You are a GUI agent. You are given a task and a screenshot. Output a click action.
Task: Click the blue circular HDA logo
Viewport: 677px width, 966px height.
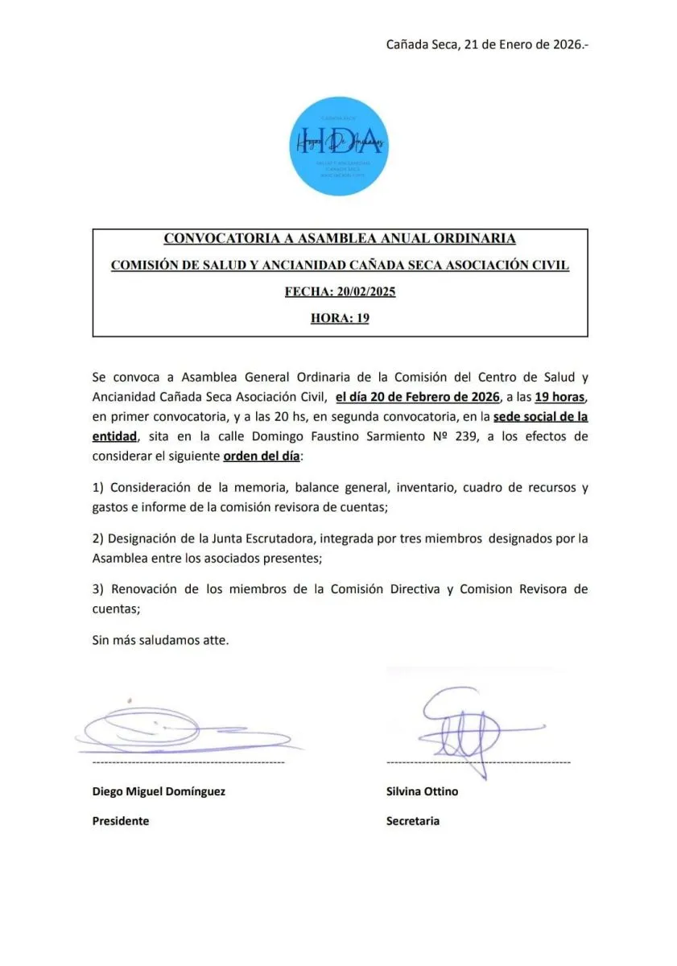[x=338, y=147]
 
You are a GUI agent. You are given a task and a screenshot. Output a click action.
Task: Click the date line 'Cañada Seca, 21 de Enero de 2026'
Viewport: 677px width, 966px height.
[x=487, y=44]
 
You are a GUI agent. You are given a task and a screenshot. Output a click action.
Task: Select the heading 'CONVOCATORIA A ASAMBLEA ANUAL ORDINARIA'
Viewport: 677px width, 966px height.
[x=340, y=238]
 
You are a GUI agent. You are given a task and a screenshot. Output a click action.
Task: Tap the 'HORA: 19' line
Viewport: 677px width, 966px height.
[x=340, y=318]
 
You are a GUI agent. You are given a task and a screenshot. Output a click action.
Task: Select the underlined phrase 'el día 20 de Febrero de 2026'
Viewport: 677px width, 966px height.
[x=418, y=396]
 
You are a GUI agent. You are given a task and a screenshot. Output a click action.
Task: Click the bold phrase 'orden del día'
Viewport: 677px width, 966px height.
[x=261, y=456]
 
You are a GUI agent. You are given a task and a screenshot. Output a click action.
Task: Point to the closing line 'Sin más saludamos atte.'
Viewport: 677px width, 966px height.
[x=161, y=641]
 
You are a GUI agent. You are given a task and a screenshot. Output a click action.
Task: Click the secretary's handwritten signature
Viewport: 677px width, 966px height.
[x=467, y=729]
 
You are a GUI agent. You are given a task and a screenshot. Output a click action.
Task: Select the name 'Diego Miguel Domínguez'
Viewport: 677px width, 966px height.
[x=159, y=791]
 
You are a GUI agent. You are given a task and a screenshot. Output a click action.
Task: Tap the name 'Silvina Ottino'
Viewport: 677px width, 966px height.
[x=422, y=791]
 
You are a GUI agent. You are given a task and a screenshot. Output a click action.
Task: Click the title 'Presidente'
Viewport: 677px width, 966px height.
[x=121, y=821]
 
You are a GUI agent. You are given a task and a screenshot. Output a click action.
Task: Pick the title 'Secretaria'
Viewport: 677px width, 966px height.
[x=413, y=821]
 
